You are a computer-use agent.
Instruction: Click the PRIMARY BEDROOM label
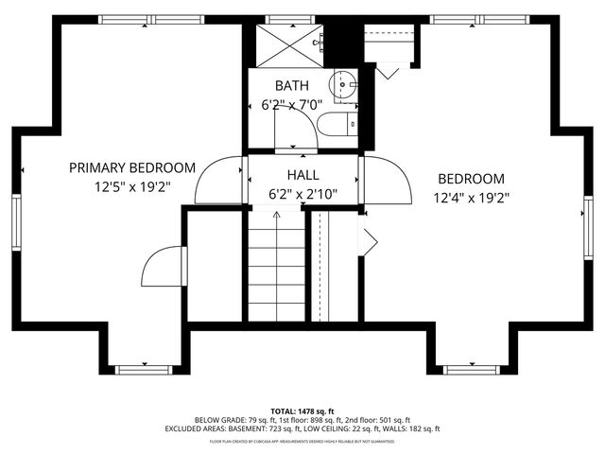132,167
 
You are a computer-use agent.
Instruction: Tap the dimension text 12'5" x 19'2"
132,187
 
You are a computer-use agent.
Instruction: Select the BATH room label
291,86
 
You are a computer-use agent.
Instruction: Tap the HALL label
302,175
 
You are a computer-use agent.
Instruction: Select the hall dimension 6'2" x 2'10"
302,195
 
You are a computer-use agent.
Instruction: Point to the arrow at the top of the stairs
277,216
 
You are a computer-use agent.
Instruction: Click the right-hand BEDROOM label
470,179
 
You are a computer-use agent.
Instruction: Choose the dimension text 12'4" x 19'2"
470,199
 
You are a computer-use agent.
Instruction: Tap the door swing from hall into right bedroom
387,180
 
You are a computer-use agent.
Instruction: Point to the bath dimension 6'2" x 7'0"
291,106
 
